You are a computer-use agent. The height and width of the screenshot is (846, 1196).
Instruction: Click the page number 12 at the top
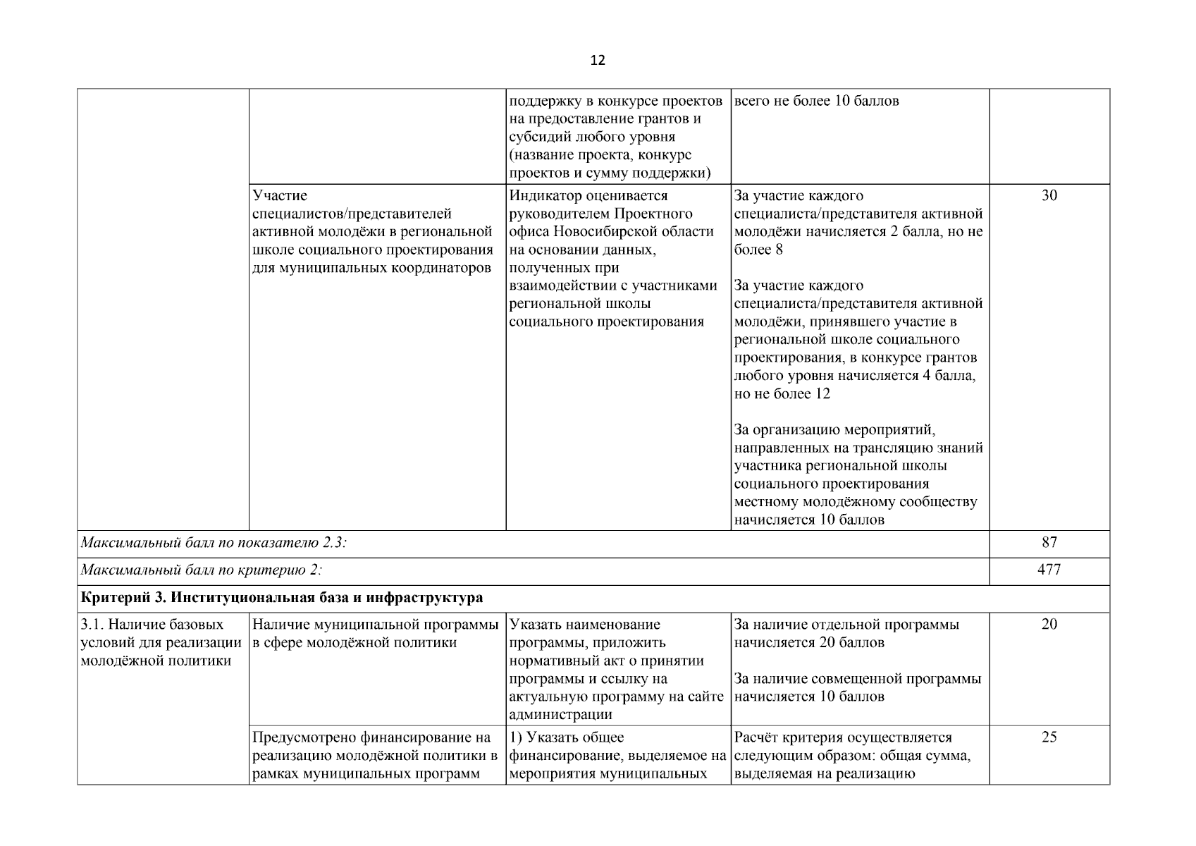[x=597, y=61]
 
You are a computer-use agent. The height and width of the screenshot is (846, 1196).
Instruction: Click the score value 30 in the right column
[x=1049, y=196]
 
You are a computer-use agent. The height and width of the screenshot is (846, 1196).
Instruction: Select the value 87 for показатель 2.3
[x=1049, y=542]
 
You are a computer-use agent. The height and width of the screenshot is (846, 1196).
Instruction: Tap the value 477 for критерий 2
[x=1049, y=570]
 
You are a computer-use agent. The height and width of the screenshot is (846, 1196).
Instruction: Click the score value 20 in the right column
[x=1049, y=625]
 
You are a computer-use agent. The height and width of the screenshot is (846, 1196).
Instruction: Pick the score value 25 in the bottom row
[x=1049, y=737]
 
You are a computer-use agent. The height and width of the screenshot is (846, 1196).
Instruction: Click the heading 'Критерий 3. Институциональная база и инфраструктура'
[x=282, y=598]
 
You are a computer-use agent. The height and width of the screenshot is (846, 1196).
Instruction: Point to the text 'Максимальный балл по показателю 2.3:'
[x=214, y=542]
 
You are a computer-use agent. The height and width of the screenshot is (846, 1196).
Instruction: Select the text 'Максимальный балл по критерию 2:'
[x=201, y=570]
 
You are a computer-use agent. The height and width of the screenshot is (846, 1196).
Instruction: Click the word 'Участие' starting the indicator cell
[x=280, y=196]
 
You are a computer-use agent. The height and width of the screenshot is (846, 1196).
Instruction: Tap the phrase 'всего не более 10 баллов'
[x=816, y=101]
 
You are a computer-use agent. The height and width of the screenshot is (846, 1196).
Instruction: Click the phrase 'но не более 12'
[x=782, y=393]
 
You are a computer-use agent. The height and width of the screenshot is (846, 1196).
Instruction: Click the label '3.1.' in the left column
[x=93, y=625]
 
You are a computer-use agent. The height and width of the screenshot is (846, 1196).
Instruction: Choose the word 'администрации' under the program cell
[x=560, y=714]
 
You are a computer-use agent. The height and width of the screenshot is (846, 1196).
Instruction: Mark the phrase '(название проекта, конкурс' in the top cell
[x=600, y=155]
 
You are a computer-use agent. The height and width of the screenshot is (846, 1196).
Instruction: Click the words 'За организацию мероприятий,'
[x=834, y=430]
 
